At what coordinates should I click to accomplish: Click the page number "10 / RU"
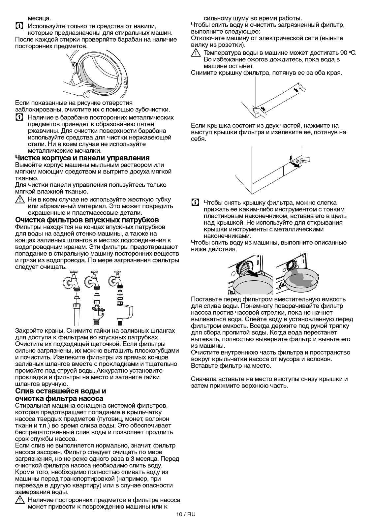186,514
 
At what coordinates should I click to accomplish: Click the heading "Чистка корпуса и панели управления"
82,158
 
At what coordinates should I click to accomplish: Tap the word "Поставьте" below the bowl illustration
206,299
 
